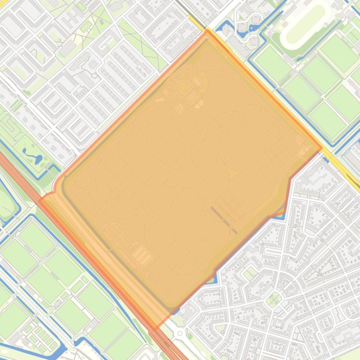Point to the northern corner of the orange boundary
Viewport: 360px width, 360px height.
coord(207,31)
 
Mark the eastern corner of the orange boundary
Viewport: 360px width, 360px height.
coord(322,148)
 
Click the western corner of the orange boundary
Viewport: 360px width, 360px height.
coord(39,200)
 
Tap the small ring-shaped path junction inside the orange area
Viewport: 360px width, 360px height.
coord(114,193)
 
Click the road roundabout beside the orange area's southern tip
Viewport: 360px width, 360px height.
coord(179,333)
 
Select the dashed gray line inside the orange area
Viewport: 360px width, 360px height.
coord(224,220)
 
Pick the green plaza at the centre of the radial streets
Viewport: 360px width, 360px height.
coord(274,298)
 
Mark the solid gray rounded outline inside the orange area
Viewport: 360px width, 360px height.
coord(66,187)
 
